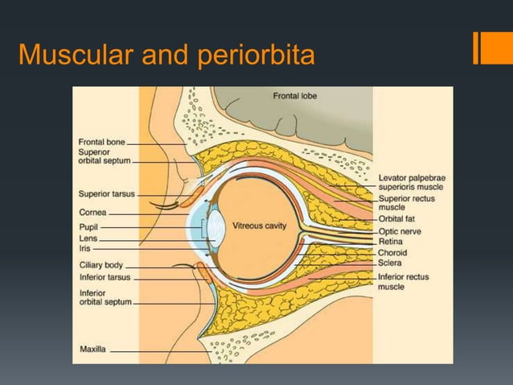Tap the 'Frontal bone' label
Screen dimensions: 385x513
click(x=102, y=143)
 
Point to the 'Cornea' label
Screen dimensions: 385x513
click(x=92, y=213)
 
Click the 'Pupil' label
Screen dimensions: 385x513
click(x=88, y=228)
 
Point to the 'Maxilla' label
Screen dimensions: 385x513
click(x=92, y=350)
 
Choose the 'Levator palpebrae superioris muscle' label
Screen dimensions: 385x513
click(x=413, y=181)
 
